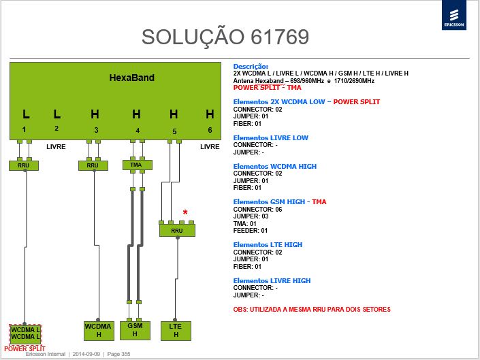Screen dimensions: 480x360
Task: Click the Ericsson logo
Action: click(x=454, y=15)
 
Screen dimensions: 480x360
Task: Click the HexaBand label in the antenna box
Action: click(x=131, y=78)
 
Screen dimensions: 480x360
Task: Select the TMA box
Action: click(x=137, y=165)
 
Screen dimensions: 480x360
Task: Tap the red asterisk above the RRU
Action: click(x=185, y=212)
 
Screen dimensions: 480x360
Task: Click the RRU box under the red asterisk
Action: click(x=177, y=230)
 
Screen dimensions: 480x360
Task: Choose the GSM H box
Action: click(x=135, y=330)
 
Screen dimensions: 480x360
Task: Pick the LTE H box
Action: click(x=176, y=331)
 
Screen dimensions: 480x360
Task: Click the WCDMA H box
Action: click(x=99, y=331)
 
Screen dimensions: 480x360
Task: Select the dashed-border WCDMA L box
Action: click(x=25, y=334)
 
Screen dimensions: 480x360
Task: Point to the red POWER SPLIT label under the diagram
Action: click(x=25, y=348)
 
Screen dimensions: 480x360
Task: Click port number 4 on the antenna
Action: click(x=138, y=131)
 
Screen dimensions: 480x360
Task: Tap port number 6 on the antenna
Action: click(x=210, y=130)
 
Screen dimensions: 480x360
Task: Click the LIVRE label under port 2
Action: click(x=56, y=147)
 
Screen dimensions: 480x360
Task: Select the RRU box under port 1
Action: click(x=24, y=165)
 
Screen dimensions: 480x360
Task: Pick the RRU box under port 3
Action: click(x=93, y=165)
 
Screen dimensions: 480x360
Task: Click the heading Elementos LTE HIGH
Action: click(x=268, y=245)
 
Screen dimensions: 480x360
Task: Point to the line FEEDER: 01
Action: click(x=251, y=230)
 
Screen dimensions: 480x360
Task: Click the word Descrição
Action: click(x=251, y=67)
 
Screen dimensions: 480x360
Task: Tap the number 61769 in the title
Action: click(x=280, y=37)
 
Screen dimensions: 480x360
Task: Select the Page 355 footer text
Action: click(x=118, y=354)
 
